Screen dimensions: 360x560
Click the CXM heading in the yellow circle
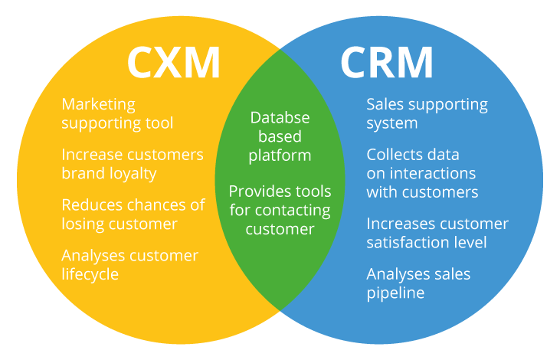coord(173,63)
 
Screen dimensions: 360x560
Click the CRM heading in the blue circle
coord(387,63)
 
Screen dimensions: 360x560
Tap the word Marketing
coord(98,104)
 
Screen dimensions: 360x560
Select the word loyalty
coord(131,173)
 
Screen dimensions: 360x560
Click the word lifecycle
coord(90,274)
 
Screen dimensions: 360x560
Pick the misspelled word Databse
coord(280,119)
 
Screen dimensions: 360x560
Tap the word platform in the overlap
coord(280,155)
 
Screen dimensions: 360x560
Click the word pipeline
coord(395,293)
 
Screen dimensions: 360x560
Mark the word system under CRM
coord(391,123)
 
